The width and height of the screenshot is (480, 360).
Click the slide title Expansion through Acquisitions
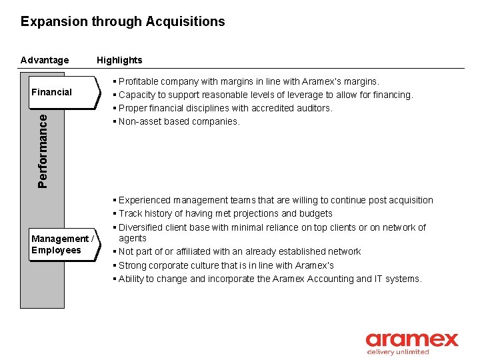click(x=123, y=21)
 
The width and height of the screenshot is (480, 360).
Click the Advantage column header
click(x=45, y=60)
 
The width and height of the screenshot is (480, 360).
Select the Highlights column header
click(x=119, y=60)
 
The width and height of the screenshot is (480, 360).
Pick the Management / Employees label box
click(x=61, y=245)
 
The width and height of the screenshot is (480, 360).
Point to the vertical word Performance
click(x=43, y=150)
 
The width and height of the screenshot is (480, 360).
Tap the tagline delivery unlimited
click(x=398, y=352)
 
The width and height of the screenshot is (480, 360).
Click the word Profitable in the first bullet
click(x=139, y=81)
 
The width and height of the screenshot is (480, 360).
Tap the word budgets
click(x=316, y=213)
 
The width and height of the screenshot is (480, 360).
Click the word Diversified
click(x=141, y=227)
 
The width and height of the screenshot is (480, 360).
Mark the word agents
click(x=133, y=238)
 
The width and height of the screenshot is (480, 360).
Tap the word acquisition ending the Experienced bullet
click(x=410, y=200)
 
